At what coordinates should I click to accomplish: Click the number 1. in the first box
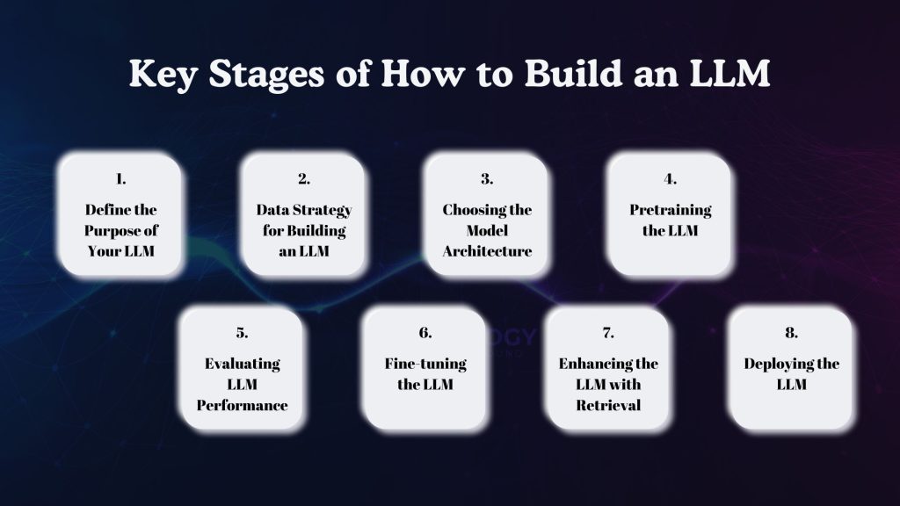pos(120,178)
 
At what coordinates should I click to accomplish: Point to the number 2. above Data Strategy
pos(303,178)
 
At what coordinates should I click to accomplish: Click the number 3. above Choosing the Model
pos(486,178)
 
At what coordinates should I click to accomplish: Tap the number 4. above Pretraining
pos(670,178)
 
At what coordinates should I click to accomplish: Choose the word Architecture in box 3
pos(486,252)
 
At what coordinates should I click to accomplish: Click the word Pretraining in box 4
pos(670,210)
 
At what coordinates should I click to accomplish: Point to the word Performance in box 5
pos(242,405)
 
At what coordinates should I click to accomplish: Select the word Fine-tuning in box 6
pos(425,364)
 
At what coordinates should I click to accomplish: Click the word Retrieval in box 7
pos(607,405)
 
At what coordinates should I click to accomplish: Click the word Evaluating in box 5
pos(242,364)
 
